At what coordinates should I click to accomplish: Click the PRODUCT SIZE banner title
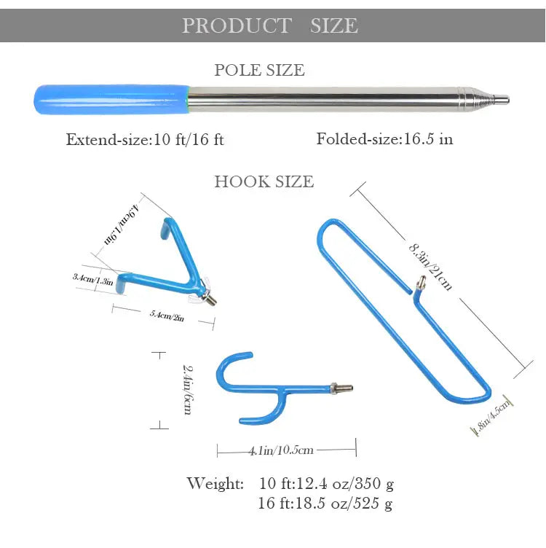click(x=270, y=26)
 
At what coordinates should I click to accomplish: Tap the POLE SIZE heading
click(x=259, y=70)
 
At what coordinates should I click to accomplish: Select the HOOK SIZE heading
click(x=264, y=181)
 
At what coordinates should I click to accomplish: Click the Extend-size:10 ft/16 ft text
click(x=145, y=139)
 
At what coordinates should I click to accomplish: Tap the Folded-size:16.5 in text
click(x=384, y=138)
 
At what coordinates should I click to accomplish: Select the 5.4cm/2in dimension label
click(x=166, y=316)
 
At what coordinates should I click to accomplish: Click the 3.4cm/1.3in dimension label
click(x=92, y=278)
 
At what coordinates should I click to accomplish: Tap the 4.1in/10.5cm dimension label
click(x=281, y=450)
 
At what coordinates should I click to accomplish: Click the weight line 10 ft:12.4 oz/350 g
click(x=326, y=483)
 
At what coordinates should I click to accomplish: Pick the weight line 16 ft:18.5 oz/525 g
click(x=325, y=503)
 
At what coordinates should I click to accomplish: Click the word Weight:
click(x=215, y=483)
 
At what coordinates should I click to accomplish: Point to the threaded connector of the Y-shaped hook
click(x=341, y=388)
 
